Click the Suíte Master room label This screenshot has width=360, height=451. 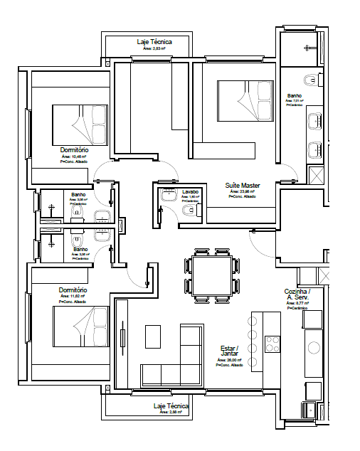[x=243, y=185]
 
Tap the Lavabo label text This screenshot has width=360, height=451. [x=189, y=192]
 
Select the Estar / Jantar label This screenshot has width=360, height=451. [x=229, y=351]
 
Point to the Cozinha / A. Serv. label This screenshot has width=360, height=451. [x=297, y=295]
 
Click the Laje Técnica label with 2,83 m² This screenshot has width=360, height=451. [x=154, y=43]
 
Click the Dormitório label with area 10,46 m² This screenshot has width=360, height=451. [x=74, y=151]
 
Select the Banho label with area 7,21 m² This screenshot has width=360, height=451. [x=294, y=96]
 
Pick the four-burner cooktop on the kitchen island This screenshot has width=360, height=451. [x=272, y=344]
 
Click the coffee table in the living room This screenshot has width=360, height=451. [x=153, y=336]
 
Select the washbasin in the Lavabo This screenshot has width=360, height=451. [x=168, y=200]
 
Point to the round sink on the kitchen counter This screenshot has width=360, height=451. [x=314, y=349]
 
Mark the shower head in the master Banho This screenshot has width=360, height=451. [x=307, y=48]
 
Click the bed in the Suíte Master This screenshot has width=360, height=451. [x=244, y=103]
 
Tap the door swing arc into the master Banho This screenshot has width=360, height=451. [x=289, y=173]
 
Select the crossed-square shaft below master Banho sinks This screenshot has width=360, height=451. [x=314, y=175]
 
